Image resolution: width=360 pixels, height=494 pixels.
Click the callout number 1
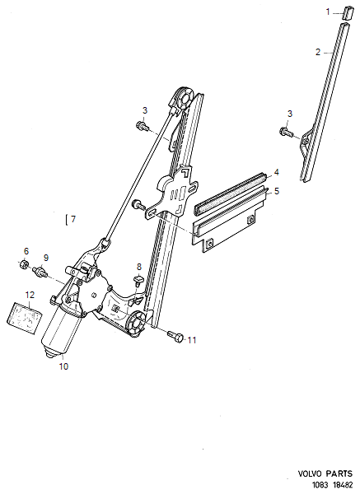(326, 12)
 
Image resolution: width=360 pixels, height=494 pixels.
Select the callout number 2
(318, 52)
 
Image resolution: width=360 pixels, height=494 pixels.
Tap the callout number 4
(277, 172)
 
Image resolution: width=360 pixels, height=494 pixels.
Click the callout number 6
(26, 251)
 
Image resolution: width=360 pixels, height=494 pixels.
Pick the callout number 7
(72, 220)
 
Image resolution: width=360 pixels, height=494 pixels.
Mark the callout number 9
(46, 258)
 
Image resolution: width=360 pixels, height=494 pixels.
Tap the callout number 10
(63, 366)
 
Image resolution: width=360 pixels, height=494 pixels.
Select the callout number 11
(192, 340)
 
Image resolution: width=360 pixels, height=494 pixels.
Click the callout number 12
(30, 294)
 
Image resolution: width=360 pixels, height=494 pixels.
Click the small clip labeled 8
(138, 279)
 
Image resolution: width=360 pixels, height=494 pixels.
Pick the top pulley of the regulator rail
(185, 100)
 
